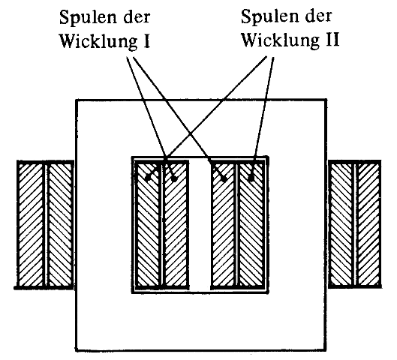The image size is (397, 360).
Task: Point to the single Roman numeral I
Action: pos(146,40)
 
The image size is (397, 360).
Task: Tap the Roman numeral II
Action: pos(332,40)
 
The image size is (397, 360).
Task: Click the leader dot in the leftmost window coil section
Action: pos(148,178)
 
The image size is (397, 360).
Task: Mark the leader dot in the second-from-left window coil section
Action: pos(174,179)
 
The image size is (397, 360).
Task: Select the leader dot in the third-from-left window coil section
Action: pos(224,179)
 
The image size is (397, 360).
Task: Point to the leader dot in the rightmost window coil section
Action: pos(251,178)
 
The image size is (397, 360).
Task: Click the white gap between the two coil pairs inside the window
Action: pos(200,225)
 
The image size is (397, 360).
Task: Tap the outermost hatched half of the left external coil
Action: pos(31,225)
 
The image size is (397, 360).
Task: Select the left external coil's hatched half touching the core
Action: pos(60,225)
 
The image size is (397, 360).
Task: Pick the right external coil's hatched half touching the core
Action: pos(341,224)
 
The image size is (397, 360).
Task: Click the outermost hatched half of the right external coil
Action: pos(369,224)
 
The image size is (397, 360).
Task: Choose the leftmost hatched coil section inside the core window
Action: pos(148,225)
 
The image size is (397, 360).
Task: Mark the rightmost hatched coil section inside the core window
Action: pos(251,225)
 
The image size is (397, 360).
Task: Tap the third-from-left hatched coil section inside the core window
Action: pos(224,225)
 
